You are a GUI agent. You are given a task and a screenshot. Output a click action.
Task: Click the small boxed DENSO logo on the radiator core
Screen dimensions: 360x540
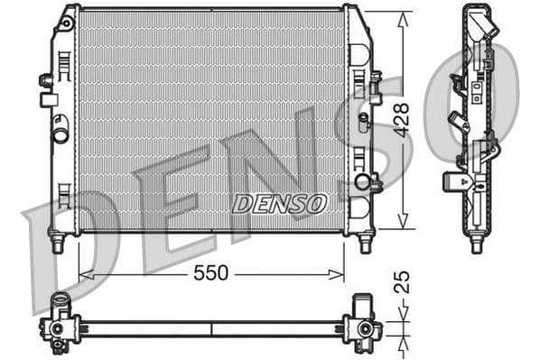tap(279, 203)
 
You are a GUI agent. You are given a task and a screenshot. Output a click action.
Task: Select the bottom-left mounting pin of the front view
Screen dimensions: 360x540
tap(58, 243)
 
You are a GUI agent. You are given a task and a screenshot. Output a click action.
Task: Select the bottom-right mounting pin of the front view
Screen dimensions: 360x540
tap(365, 243)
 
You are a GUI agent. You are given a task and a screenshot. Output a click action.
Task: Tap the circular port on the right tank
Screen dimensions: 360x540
tap(363, 181)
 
